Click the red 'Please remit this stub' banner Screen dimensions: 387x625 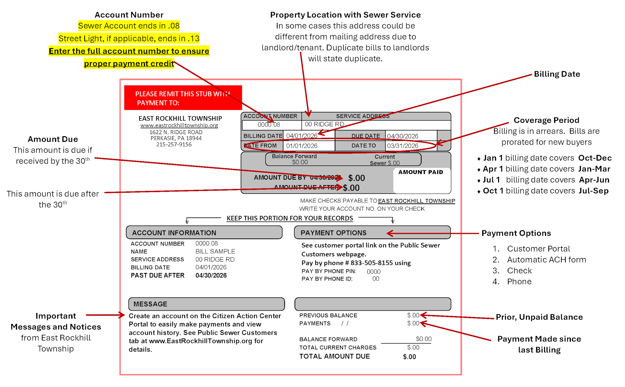coord(183,98)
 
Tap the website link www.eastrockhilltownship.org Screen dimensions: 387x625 coord(179,125)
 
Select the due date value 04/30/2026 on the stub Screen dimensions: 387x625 coord(402,136)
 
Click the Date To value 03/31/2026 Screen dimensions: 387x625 coord(402,146)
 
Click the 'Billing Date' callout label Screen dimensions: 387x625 coord(557,74)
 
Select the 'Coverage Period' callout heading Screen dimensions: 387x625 coord(546,120)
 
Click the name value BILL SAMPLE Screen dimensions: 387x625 coord(215,251)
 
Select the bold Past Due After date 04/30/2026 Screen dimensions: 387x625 coord(211,275)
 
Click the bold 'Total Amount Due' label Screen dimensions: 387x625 coord(334,356)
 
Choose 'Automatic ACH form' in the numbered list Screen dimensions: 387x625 coord(546,260)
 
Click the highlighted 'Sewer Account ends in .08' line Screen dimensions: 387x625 coord(129,26)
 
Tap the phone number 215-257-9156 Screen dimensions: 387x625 coord(174,145)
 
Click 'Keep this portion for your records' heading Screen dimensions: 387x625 coord(290,218)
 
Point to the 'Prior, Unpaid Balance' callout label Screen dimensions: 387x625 coord(539,317)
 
